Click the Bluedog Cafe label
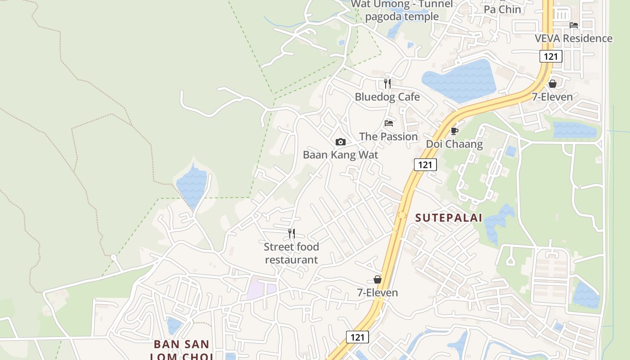(x=387, y=97)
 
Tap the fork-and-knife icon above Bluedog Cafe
(x=387, y=83)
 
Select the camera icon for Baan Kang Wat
(x=341, y=142)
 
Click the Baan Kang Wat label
(x=340, y=155)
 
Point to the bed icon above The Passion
(x=389, y=123)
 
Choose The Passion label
(x=388, y=136)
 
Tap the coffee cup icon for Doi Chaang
(x=454, y=131)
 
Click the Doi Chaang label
(x=454, y=144)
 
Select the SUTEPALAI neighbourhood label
(x=449, y=218)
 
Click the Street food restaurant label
(x=292, y=253)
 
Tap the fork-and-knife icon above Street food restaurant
(x=292, y=233)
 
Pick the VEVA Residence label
(x=573, y=38)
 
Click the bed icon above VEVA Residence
(x=573, y=25)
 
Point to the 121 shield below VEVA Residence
(x=551, y=56)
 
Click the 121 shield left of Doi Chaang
(x=425, y=165)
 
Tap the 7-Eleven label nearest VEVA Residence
(x=552, y=97)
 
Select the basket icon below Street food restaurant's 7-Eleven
(x=377, y=279)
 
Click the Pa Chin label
(x=502, y=9)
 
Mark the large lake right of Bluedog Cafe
(x=459, y=81)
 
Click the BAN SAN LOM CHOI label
(x=181, y=350)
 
